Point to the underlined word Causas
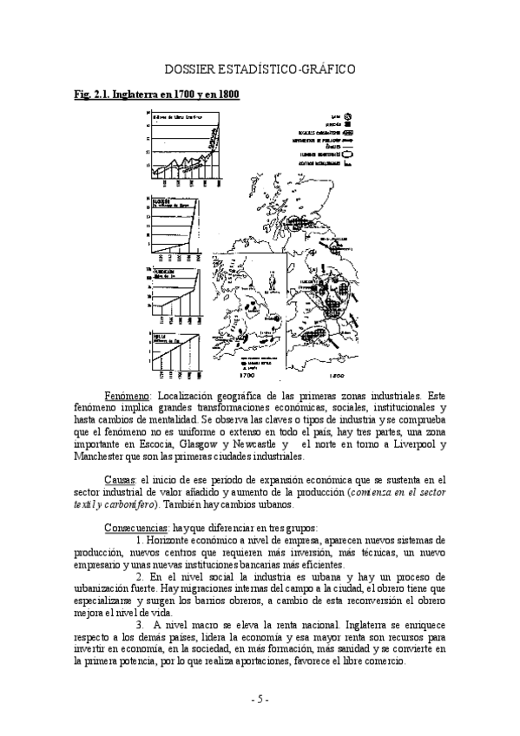[120, 477]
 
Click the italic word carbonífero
[132, 503]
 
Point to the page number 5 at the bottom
[260, 700]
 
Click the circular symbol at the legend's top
[349, 116]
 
